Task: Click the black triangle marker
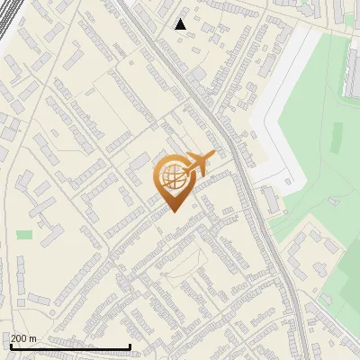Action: [x=181, y=24]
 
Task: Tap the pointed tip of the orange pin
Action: [x=175, y=211]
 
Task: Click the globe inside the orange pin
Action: [x=174, y=176]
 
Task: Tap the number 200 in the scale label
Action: [x=20, y=338]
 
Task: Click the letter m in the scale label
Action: [x=33, y=339]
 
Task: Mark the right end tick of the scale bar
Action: [x=130, y=345]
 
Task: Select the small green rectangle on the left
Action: [x=24, y=235]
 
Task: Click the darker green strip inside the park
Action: [x=337, y=135]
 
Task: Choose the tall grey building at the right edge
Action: [x=353, y=72]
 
